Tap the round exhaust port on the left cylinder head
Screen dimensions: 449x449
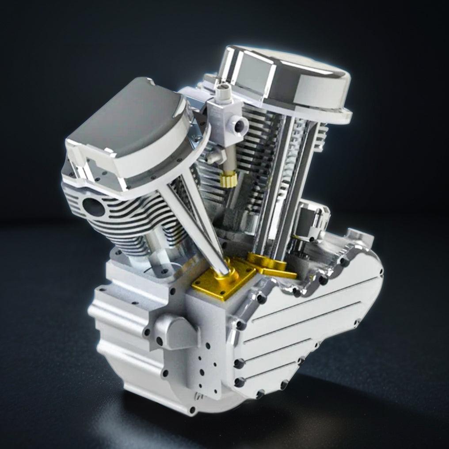point(94,207)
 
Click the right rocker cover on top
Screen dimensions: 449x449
point(285,84)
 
